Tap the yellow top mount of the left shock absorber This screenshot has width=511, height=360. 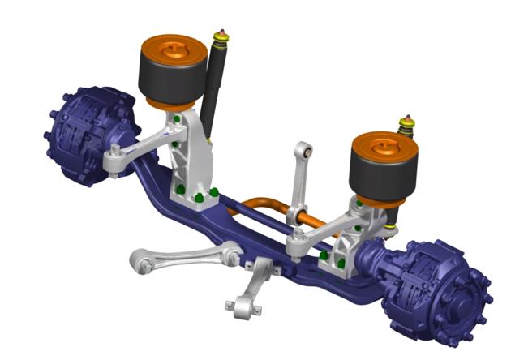(x=219, y=39)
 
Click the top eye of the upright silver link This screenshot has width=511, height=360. (x=303, y=152)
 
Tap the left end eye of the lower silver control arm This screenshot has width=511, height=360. (x=143, y=261)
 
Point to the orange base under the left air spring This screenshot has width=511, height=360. (x=170, y=106)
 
